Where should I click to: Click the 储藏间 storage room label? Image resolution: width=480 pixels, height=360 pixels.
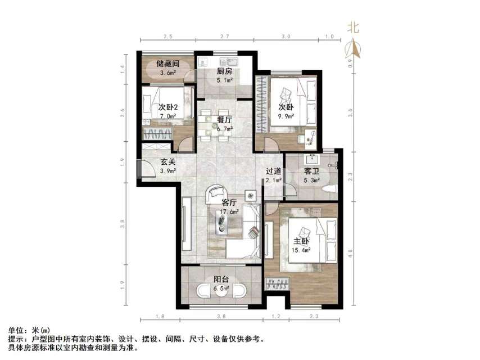(x=167, y=64)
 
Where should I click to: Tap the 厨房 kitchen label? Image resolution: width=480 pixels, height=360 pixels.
(x=225, y=71)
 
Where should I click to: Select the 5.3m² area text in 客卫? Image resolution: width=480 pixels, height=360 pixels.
(x=312, y=181)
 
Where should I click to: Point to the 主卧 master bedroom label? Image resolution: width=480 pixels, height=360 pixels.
(x=301, y=241)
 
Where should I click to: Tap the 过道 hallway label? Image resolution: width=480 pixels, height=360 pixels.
(x=274, y=172)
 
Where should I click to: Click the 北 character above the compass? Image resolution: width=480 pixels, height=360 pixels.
(x=354, y=26)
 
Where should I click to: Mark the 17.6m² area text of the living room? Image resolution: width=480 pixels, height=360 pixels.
(x=229, y=212)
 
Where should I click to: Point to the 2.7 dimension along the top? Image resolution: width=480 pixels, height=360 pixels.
(x=224, y=37)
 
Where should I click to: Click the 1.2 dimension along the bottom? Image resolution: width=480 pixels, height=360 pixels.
(x=276, y=317)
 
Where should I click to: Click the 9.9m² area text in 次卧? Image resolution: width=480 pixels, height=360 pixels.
(x=286, y=116)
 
